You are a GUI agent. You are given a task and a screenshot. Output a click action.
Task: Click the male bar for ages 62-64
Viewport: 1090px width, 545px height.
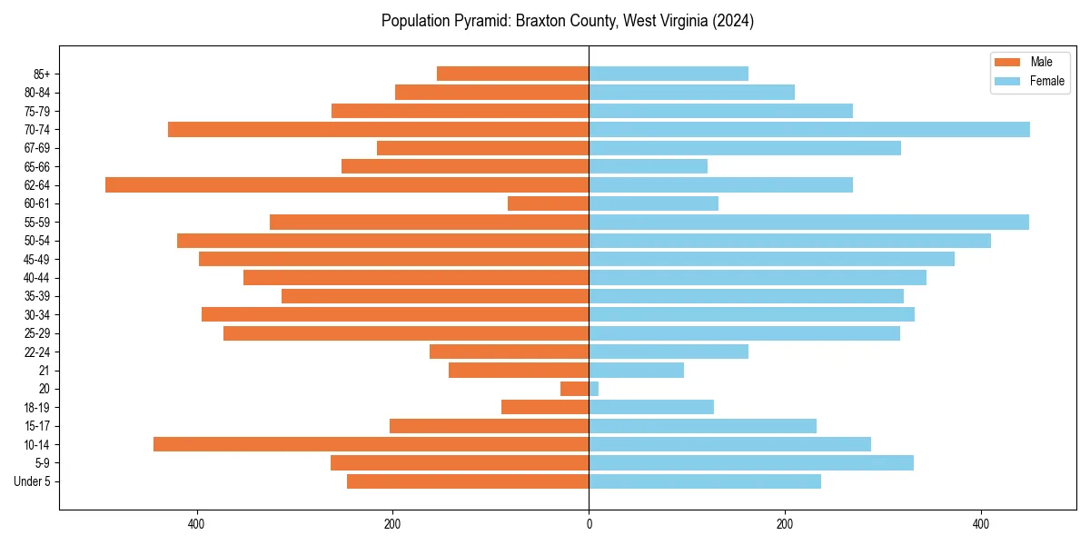click(x=347, y=184)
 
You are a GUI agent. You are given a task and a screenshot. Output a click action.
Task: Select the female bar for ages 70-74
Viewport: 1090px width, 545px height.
click(x=809, y=129)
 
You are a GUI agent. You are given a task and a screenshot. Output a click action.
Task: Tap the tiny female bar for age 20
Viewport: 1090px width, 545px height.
click(x=594, y=389)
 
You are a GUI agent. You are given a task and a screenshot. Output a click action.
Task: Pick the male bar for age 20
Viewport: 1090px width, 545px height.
click(x=575, y=389)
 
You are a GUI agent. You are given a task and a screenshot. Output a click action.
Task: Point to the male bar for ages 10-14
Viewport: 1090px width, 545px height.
click(x=371, y=444)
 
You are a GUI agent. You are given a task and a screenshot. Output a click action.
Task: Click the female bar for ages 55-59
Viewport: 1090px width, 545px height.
click(x=808, y=222)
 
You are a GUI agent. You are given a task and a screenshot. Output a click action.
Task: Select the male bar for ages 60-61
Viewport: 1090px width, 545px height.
click(x=549, y=203)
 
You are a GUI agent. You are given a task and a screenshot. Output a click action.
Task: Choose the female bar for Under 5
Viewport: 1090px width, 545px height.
click(x=705, y=481)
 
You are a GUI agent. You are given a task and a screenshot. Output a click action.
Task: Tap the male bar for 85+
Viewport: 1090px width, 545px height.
click(x=513, y=74)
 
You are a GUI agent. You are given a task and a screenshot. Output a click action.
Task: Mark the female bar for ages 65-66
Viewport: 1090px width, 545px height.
click(x=649, y=166)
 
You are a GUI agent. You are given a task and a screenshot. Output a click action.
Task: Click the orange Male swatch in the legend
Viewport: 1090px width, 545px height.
click(x=1008, y=62)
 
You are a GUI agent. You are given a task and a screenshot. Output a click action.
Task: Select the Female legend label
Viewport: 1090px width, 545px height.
click(x=1047, y=81)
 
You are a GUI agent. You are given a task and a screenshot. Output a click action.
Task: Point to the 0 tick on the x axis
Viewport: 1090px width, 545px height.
click(x=589, y=525)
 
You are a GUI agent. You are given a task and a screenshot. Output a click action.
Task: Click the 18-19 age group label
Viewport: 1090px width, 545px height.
click(x=35, y=407)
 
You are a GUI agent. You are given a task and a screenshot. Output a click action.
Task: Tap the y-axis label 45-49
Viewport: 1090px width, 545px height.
click(x=35, y=259)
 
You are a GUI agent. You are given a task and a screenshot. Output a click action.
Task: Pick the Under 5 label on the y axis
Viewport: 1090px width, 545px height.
click(x=33, y=481)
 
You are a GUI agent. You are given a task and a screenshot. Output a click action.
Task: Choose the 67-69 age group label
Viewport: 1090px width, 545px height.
click(x=35, y=148)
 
